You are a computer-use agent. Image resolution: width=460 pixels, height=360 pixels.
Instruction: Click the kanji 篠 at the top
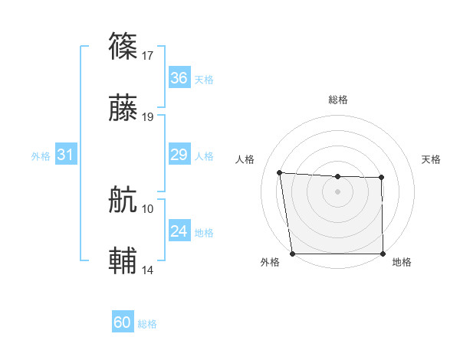(x=124, y=47)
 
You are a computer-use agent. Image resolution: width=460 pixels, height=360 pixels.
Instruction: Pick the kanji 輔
(x=124, y=260)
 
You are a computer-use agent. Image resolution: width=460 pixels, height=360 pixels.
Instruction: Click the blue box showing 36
(x=179, y=78)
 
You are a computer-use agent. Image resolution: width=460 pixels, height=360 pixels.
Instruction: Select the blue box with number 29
(x=179, y=155)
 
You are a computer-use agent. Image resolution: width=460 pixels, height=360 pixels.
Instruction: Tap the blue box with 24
(x=179, y=231)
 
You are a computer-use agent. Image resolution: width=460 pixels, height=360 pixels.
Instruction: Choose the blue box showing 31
(x=66, y=155)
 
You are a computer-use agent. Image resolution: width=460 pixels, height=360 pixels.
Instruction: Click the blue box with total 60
(x=123, y=322)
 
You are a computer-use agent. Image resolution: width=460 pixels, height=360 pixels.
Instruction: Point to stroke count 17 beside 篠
(x=149, y=55)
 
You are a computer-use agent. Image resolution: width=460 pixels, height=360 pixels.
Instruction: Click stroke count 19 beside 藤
(x=149, y=117)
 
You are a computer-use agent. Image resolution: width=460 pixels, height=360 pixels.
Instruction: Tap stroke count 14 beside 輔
(x=149, y=270)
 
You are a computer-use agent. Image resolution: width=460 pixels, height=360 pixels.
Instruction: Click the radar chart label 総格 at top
(x=338, y=100)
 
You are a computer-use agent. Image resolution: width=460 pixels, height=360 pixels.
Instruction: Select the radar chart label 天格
(x=432, y=159)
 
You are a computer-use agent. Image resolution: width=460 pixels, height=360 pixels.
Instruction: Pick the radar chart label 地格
(x=402, y=262)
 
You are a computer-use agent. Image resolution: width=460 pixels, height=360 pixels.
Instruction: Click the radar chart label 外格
(x=270, y=262)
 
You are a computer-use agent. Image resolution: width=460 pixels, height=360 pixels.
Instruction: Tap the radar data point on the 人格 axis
(x=280, y=172)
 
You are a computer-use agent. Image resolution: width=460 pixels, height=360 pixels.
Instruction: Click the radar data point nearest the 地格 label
(x=383, y=254)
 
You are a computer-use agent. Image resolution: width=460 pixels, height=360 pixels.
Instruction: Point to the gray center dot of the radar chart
(x=338, y=191)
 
